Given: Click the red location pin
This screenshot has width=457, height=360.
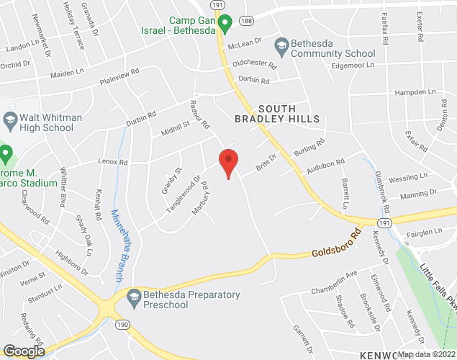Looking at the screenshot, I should pyautogui.click(x=228, y=162).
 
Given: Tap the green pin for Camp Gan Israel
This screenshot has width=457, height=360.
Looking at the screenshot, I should pyautogui.click(x=225, y=24).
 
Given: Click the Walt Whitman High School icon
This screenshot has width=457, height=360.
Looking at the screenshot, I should pyautogui.click(x=10, y=118).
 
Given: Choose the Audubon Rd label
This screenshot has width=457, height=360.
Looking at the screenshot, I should pyautogui.click(x=322, y=166).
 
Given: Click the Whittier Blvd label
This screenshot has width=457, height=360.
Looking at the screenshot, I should pyautogui.click(x=64, y=190).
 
